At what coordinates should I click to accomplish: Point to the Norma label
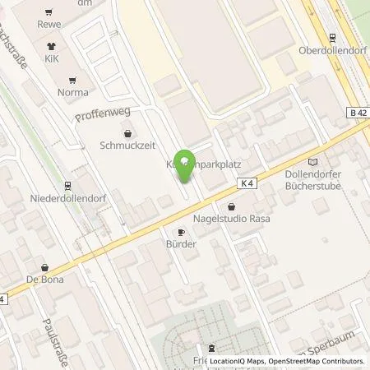tap(72, 93)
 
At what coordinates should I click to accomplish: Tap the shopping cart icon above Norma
tap(72, 80)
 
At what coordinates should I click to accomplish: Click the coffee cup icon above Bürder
tap(182, 232)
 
